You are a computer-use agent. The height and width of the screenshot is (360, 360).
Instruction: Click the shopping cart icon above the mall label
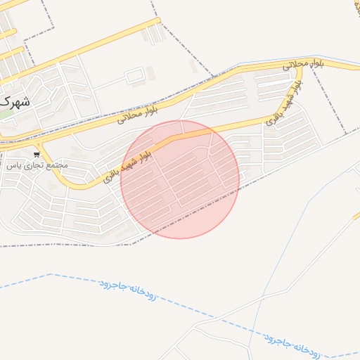pyautogui.click(x=37, y=154)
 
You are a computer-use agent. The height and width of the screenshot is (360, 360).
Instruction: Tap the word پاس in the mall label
pyautogui.click(x=12, y=166)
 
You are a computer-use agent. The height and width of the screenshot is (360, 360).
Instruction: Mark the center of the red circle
pyautogui.click(x=180, y=179)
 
